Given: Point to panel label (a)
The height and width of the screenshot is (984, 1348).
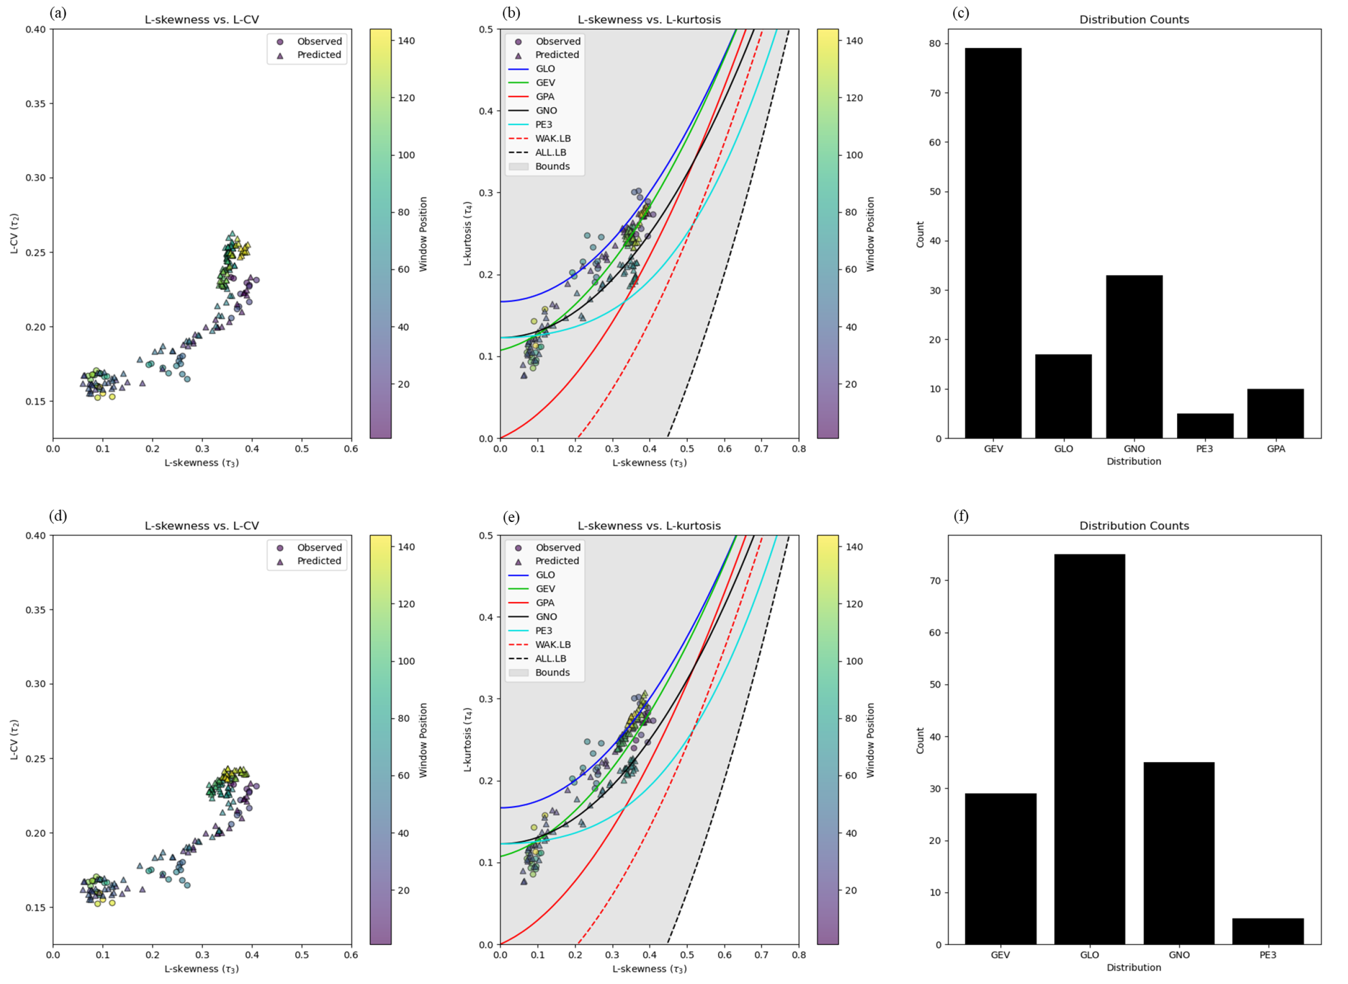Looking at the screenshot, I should (58, 13).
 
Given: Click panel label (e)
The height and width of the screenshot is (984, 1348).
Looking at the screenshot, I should (511, 516).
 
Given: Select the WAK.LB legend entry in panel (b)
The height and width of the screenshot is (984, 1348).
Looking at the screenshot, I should (552, 138).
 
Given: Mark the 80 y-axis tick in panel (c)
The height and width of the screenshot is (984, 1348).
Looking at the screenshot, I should (934, 43).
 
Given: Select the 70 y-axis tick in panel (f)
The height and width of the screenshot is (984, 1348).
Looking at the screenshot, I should (934, 581).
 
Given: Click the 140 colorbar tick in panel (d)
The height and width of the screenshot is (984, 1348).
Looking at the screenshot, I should (406, 547).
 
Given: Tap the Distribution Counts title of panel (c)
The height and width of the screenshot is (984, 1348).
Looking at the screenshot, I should (1134, 19).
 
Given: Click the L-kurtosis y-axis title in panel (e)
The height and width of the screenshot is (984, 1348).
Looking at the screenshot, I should (468, 739).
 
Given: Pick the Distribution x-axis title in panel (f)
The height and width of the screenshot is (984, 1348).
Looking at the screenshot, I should (1134, 967).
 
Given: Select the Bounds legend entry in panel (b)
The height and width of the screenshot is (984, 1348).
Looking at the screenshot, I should (552, 166).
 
